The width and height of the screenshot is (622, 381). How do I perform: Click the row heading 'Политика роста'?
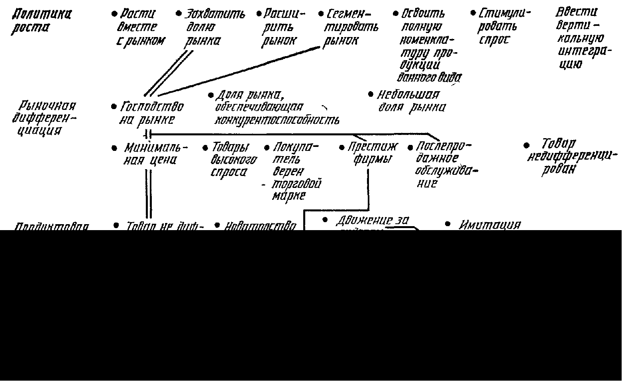coord(41,21)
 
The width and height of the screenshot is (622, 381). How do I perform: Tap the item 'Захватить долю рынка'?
coord(211,27)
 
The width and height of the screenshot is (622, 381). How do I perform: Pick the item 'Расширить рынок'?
coord(281,27)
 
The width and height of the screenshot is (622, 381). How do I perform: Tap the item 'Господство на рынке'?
coord(149,113)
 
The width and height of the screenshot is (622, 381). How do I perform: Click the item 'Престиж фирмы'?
coord(371,153)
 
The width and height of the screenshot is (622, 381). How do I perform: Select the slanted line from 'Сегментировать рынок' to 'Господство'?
coord(239,71)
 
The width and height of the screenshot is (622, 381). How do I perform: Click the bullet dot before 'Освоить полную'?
coord(395,14)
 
